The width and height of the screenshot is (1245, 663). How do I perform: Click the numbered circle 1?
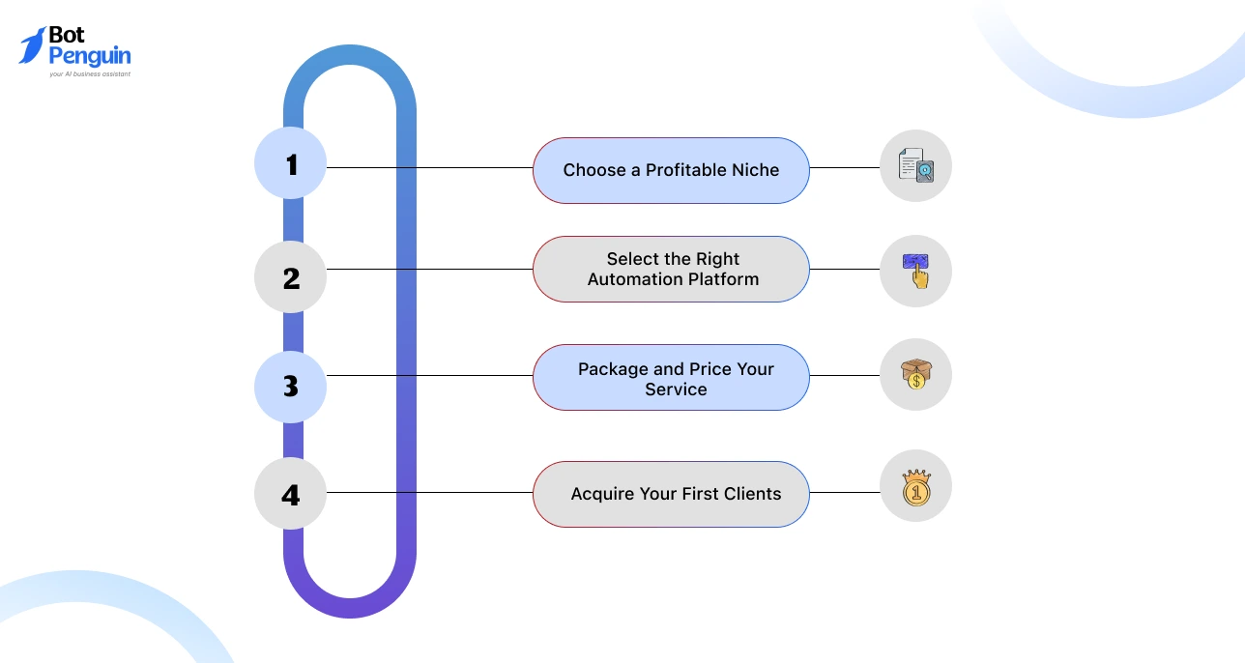(290, 163)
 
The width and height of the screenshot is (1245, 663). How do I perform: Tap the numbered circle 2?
(290, 277)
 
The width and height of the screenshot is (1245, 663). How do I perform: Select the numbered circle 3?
(290, 386)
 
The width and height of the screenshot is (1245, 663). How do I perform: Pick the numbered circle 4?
(290, 495)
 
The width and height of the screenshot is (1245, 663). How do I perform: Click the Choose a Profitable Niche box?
(671, 170)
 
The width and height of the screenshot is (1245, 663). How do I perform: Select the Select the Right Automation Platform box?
(671, 270)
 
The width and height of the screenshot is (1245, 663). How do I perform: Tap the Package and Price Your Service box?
(671, 378)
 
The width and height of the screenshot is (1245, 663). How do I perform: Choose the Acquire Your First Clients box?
(671, 494)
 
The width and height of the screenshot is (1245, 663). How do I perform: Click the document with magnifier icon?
(915, 166)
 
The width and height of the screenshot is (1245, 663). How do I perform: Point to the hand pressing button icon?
(915, 271)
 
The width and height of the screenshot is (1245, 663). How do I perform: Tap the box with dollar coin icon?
(915, 374)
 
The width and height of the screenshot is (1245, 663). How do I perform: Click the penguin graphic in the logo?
(32, 45)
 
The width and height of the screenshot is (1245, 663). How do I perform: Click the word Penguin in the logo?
(89, 57)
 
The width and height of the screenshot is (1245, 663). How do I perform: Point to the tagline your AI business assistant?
(89, 74)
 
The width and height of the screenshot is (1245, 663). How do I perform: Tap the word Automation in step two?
(633, 279)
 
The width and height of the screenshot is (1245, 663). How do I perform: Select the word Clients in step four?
(750, 494)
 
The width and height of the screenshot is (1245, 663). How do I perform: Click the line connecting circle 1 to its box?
(429, 167)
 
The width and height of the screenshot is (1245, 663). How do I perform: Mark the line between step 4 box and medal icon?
(844, 493)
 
